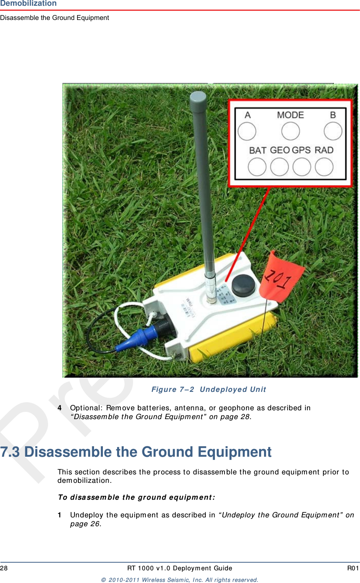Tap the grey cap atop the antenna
(198, 100)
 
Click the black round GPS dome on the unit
(243, 285)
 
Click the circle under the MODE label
(291, 131)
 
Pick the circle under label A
(247, 131)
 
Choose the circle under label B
(333, 131)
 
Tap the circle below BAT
(257, 167)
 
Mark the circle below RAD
(324, 167)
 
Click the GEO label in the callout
(280, 150)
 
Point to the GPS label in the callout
(301, 150)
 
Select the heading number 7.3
(10, 452)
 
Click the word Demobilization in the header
(28, 3)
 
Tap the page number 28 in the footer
(4, 568)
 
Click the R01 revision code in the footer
(353, 568)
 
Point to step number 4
(59, 408)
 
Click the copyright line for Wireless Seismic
(180, 580)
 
